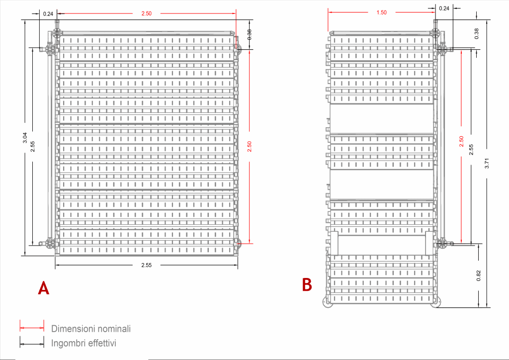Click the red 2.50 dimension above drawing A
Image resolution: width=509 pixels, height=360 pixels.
(x=147, y=13)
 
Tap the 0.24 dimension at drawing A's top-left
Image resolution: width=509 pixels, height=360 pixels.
(x=48, y=14)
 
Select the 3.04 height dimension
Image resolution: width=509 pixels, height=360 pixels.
(x=25, y=138)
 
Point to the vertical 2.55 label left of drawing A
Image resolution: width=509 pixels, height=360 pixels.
(x=32, y=146)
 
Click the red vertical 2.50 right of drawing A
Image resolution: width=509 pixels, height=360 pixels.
(x=250, y=146)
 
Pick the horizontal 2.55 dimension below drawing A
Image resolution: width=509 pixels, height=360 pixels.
(x=147, y=265)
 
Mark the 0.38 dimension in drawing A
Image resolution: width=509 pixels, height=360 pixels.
(x=250, y=34)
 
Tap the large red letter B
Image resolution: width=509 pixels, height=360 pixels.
(x=307, y=285)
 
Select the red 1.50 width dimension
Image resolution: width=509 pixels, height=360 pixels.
(x=382, y=12)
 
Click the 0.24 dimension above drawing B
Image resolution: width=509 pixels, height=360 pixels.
(x=444, y=8)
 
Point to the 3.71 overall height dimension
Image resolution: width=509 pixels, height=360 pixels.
(x=487, y=163)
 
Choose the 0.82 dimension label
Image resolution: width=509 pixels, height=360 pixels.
(x=479, y=275)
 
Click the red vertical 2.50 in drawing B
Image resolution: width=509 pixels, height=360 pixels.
(x=462, y=141)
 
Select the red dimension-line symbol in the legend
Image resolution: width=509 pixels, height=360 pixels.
(x=32, y=328)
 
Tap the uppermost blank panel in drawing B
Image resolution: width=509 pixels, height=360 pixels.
(x=382, y=118)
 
